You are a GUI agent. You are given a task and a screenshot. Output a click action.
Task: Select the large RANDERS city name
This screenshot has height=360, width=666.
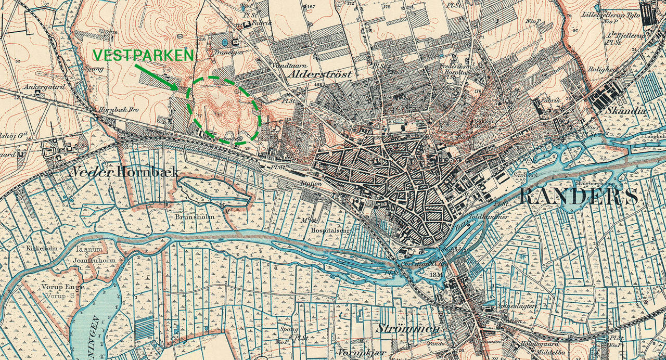[579, 197]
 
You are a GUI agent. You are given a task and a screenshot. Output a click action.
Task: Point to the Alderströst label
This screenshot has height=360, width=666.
[319, 74]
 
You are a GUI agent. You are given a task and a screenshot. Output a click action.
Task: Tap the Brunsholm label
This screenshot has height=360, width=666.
[195, 216]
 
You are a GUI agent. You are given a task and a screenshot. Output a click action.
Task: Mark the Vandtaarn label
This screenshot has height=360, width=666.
[287, 66]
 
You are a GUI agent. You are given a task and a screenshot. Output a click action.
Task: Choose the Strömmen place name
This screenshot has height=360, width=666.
[406, 329]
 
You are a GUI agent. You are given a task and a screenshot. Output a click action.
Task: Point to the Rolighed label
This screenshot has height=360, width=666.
[602, 69]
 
